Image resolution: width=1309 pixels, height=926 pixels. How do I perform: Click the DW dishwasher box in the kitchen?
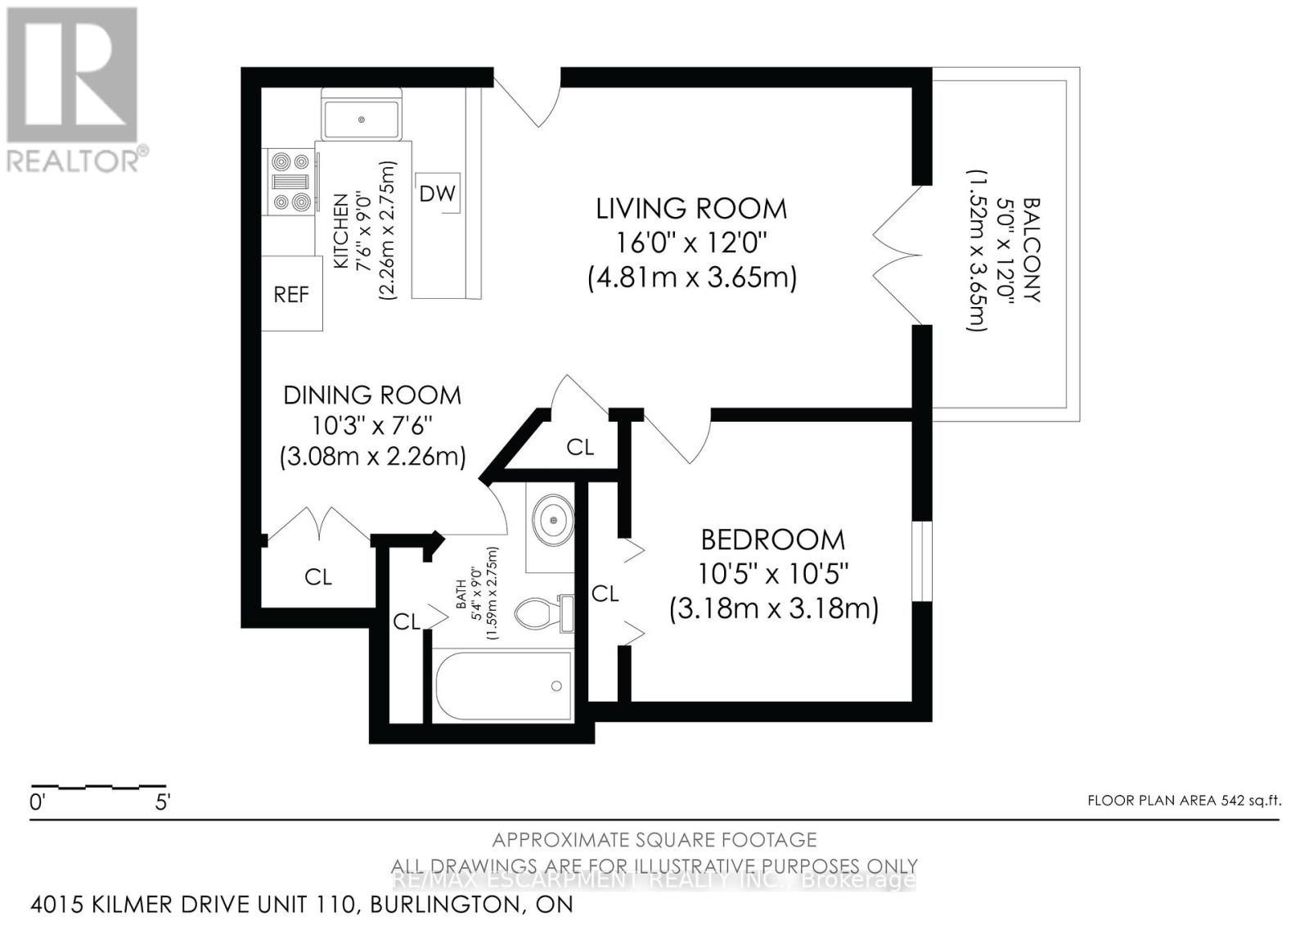coord(438,194)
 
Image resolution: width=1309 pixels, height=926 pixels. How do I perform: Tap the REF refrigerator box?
coord(291,294)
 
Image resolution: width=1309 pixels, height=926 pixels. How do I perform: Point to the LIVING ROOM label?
coord(691,209)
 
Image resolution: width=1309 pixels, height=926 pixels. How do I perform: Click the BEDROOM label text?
coord(772,540)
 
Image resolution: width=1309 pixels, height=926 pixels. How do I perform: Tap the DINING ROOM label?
coord(372,395)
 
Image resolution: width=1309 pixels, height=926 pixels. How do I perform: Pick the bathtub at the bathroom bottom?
coord(502,685)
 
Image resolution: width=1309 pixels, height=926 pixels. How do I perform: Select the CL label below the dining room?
coord(318,577)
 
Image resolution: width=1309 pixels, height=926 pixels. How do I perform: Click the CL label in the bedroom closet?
coord(605,594)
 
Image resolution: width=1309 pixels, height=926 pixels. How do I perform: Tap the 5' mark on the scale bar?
coord(162,802)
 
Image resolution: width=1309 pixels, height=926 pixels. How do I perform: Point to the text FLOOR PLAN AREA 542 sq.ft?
coord(1184,801)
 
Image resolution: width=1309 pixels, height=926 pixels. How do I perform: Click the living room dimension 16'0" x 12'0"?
coord(691,243)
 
